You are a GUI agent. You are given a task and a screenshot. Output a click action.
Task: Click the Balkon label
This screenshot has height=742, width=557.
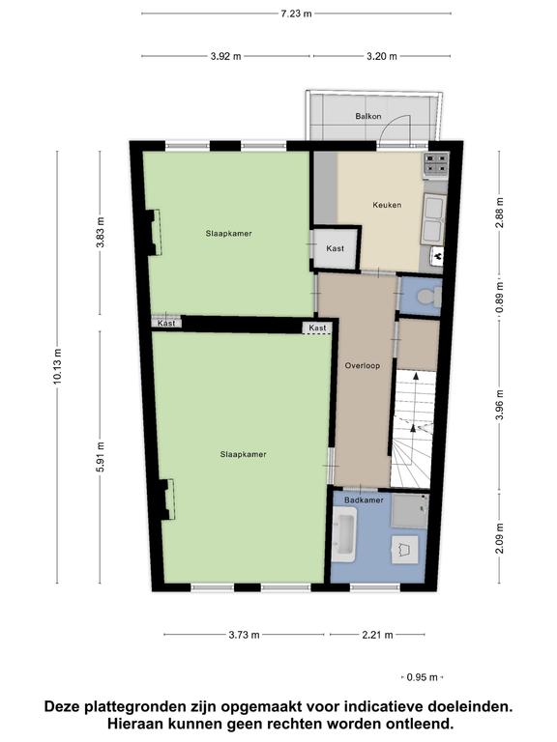(x=368, y=116)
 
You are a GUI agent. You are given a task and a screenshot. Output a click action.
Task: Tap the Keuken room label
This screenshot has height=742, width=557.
(x=387, y=205)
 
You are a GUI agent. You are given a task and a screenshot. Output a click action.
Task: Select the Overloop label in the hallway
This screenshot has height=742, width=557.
(x=363, y=365)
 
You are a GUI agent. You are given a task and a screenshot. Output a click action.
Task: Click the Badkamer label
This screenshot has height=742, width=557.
(x=364, y=499)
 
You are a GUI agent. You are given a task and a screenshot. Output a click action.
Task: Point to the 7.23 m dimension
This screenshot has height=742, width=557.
(x=297, y=14)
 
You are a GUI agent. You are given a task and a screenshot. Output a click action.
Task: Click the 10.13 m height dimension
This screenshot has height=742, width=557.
(x=57, y=366)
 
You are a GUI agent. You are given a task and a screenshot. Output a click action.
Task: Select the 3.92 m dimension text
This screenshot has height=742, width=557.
(x=226, y=56)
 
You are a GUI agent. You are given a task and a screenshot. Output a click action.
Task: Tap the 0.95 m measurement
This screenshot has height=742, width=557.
(x=422, y=677)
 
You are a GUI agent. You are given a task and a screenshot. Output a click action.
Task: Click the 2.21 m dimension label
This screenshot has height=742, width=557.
(x=377, y=635)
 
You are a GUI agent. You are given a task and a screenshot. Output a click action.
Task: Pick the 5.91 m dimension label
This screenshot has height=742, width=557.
(x=100, y=457)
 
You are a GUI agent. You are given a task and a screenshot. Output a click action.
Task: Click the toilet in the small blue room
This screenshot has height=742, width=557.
(x=429, y=297)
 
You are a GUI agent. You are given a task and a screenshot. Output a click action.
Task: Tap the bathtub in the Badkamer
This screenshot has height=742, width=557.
(x=344, y=534)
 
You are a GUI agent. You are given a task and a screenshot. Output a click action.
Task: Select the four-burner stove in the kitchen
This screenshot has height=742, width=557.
(x=436, y=163)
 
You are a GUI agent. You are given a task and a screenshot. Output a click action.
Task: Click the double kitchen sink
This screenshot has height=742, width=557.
(x=433, y=219)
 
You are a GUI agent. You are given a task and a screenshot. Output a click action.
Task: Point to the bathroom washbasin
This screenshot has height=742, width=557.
(x=405, y=550)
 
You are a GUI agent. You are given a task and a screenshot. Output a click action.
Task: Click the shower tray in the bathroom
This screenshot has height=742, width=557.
(x=410, y=511)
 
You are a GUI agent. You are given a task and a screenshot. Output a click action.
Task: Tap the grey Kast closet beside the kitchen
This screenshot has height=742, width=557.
(x=335, y=248)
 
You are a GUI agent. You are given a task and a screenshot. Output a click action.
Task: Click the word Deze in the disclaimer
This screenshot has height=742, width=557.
(x=63, y=707)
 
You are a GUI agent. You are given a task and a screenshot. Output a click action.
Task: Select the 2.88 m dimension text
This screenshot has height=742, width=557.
(x=499, y=213)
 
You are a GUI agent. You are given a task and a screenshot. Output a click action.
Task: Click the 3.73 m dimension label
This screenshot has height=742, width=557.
(x=244, y=635)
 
